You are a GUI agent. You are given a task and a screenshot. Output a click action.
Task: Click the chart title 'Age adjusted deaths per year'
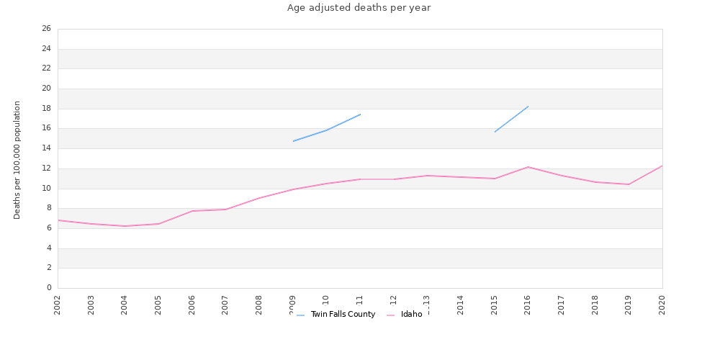pos(359,8)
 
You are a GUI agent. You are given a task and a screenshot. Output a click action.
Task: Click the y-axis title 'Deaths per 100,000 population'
pos(17,160)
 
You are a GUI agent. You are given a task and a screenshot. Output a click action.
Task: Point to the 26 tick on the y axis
pos(46,29)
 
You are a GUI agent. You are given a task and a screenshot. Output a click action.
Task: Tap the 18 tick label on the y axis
pos(46,109)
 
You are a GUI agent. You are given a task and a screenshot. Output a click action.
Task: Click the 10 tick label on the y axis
pos(46,189)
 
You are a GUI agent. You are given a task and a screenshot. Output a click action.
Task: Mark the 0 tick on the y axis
pos(49,288)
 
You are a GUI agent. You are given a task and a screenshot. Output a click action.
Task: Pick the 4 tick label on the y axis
pos(49,248)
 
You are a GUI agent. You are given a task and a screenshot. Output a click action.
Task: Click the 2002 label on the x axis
pos(58,305)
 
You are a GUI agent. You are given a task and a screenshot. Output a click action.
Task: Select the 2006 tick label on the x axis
pos(192,305)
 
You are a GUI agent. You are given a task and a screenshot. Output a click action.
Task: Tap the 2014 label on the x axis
pos(461,305)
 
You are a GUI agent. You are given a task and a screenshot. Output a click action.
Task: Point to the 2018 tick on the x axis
pos(595,305)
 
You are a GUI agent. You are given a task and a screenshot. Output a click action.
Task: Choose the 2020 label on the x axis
pos(662,305)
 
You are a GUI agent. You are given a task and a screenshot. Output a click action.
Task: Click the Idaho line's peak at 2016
pos(528,167)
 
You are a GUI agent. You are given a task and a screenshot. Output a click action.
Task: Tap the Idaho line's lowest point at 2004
pos(125,226)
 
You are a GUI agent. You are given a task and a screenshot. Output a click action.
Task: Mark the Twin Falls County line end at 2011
pos(360,114)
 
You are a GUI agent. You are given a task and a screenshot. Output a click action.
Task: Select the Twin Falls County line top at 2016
pos(528,107)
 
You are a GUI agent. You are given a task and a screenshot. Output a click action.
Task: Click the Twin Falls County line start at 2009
pos(293,141)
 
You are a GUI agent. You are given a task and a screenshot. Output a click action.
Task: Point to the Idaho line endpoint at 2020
pos(662,166)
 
